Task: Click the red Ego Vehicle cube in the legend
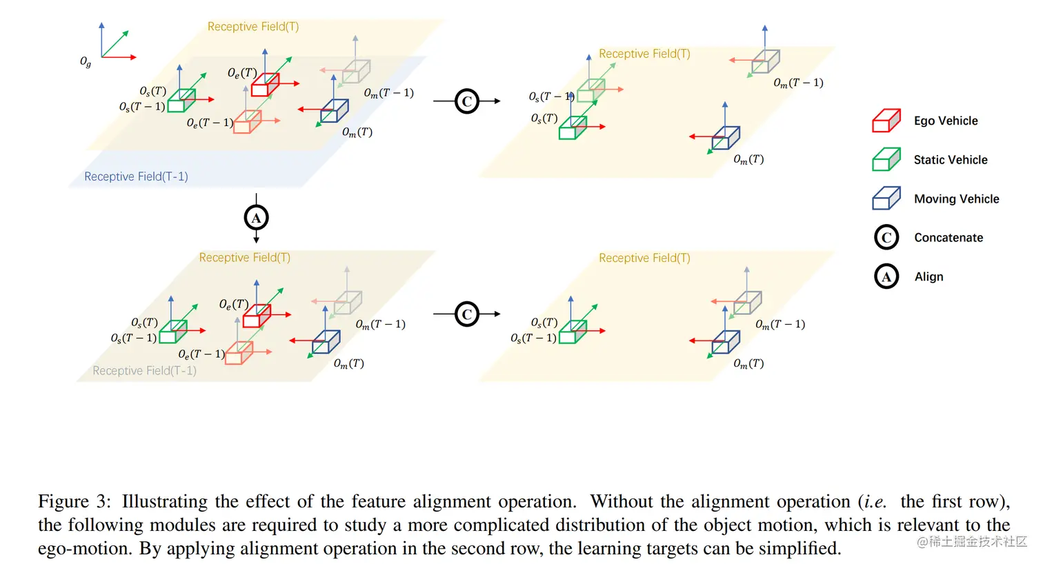[886, 121]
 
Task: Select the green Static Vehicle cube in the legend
[886, 159]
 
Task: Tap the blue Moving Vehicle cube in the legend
[886, 199]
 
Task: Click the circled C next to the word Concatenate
[886, 237]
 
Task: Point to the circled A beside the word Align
[886, 276]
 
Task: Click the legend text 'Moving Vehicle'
[956, 199]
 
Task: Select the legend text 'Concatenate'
[948, 237]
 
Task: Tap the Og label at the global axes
[86, 62]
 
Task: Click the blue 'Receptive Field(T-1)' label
[136, 177]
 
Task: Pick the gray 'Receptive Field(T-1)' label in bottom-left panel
[144, 371]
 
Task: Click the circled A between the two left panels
[256, 219]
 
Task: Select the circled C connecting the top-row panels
[467, 101]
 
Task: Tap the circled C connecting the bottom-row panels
[467, 314]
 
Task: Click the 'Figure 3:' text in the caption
[74, 501]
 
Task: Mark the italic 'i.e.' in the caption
[875, 501]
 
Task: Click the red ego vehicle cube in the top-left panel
[264, 85]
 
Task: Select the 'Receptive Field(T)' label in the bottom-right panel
[644, 258]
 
